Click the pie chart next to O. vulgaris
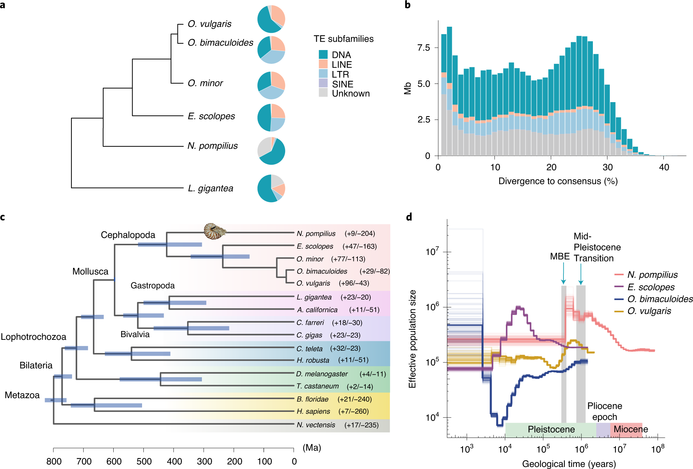click(271, 19)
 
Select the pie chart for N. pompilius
click(271, 151)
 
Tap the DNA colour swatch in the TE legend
click(323, 54)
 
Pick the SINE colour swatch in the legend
click(323, 83)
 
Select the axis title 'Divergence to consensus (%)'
click(558, 181)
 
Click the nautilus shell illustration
click(214, 231)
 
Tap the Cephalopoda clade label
click(128, 235)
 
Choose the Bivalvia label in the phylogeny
click(135, 334)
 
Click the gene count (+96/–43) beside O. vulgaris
click(354, 283)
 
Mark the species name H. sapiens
click(313, 412)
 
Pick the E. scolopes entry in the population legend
click(651, 287)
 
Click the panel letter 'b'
click(408, 5)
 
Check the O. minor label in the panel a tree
click(205, 83)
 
